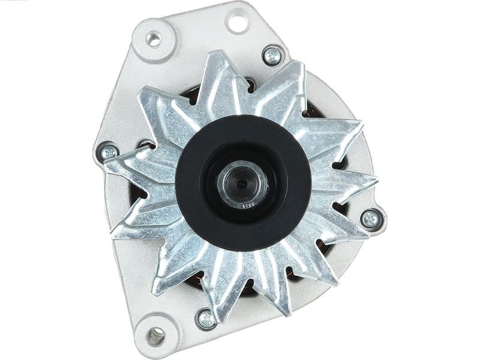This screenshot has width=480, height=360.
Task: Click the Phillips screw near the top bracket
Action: (273, 56)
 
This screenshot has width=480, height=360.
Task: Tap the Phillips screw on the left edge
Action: (109, 152)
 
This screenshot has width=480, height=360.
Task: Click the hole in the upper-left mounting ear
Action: (155, 41)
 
